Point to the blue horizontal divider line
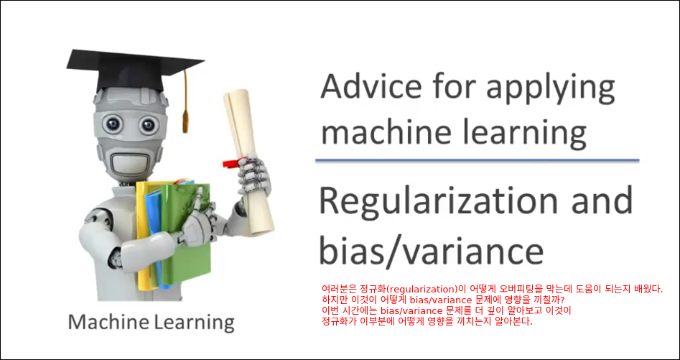(x=477, y=160)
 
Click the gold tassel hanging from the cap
(x=185, y=102)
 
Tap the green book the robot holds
(x=187, y=234)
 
